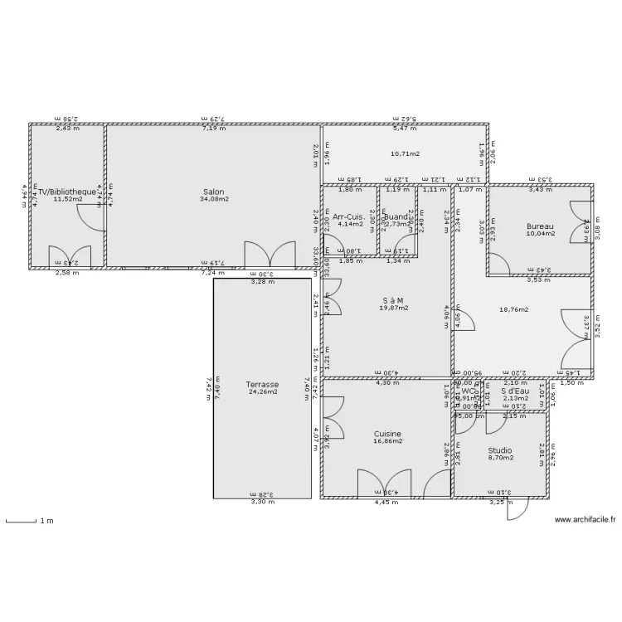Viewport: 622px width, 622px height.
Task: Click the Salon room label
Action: [x=213, y=192]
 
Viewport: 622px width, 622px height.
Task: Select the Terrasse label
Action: [x=262, y=385]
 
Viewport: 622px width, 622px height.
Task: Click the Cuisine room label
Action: [x=387, y=434]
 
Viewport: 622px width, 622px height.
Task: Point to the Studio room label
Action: [x=500, y=450]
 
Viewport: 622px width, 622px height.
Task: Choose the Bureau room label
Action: [x=540, y=226]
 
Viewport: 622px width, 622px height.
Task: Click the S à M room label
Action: [x=387, y=300]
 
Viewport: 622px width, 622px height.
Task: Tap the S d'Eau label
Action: [x=515, y=391]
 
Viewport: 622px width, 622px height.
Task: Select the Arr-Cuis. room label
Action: [x=349, y=216]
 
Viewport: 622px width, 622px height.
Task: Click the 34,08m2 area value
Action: [x=213, y=199]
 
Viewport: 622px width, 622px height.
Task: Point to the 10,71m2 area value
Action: [x=405, y=154]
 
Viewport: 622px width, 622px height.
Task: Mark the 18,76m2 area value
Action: [x=514, y=309]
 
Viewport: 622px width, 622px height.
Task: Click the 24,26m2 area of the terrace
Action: [x=262, y=392]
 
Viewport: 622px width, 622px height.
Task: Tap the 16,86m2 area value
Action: [x=387, y=441]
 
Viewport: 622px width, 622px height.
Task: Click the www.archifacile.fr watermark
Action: [x=585, y=520]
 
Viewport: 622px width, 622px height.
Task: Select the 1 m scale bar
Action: [x=22, y=522]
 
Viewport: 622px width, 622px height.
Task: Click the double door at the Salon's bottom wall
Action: [x=270, y=255]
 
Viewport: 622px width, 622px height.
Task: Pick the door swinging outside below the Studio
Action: [x=516, y=508]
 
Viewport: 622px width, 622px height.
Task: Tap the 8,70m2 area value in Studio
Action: [x=500, y=458]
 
